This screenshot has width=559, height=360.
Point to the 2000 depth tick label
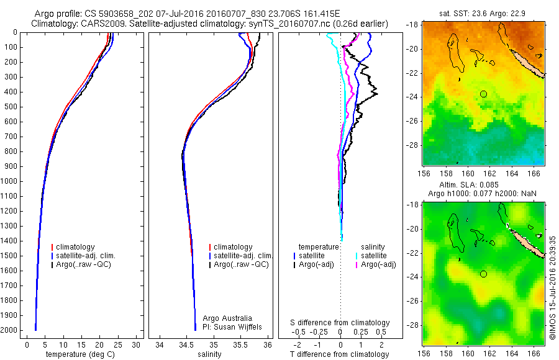point(11,330)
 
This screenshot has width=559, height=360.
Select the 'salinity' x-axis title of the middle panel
point(208,354)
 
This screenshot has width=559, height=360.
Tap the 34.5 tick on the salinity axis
point(186,344)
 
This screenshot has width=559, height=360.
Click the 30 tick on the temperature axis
point(137,344)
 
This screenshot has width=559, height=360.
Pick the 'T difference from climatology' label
point(340,354)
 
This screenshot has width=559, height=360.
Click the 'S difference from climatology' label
point(340,323)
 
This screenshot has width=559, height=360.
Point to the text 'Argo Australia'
point(228,318)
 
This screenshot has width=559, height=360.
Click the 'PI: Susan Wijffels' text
point(234,326)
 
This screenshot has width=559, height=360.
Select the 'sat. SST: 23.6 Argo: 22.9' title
point(484,14)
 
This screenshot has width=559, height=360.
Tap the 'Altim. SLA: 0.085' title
point(484,184)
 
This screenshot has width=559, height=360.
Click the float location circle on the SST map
point(483,94)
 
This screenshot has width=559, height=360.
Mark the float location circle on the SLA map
point(483,274)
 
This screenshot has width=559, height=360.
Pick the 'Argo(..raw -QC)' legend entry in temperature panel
point(84,264)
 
